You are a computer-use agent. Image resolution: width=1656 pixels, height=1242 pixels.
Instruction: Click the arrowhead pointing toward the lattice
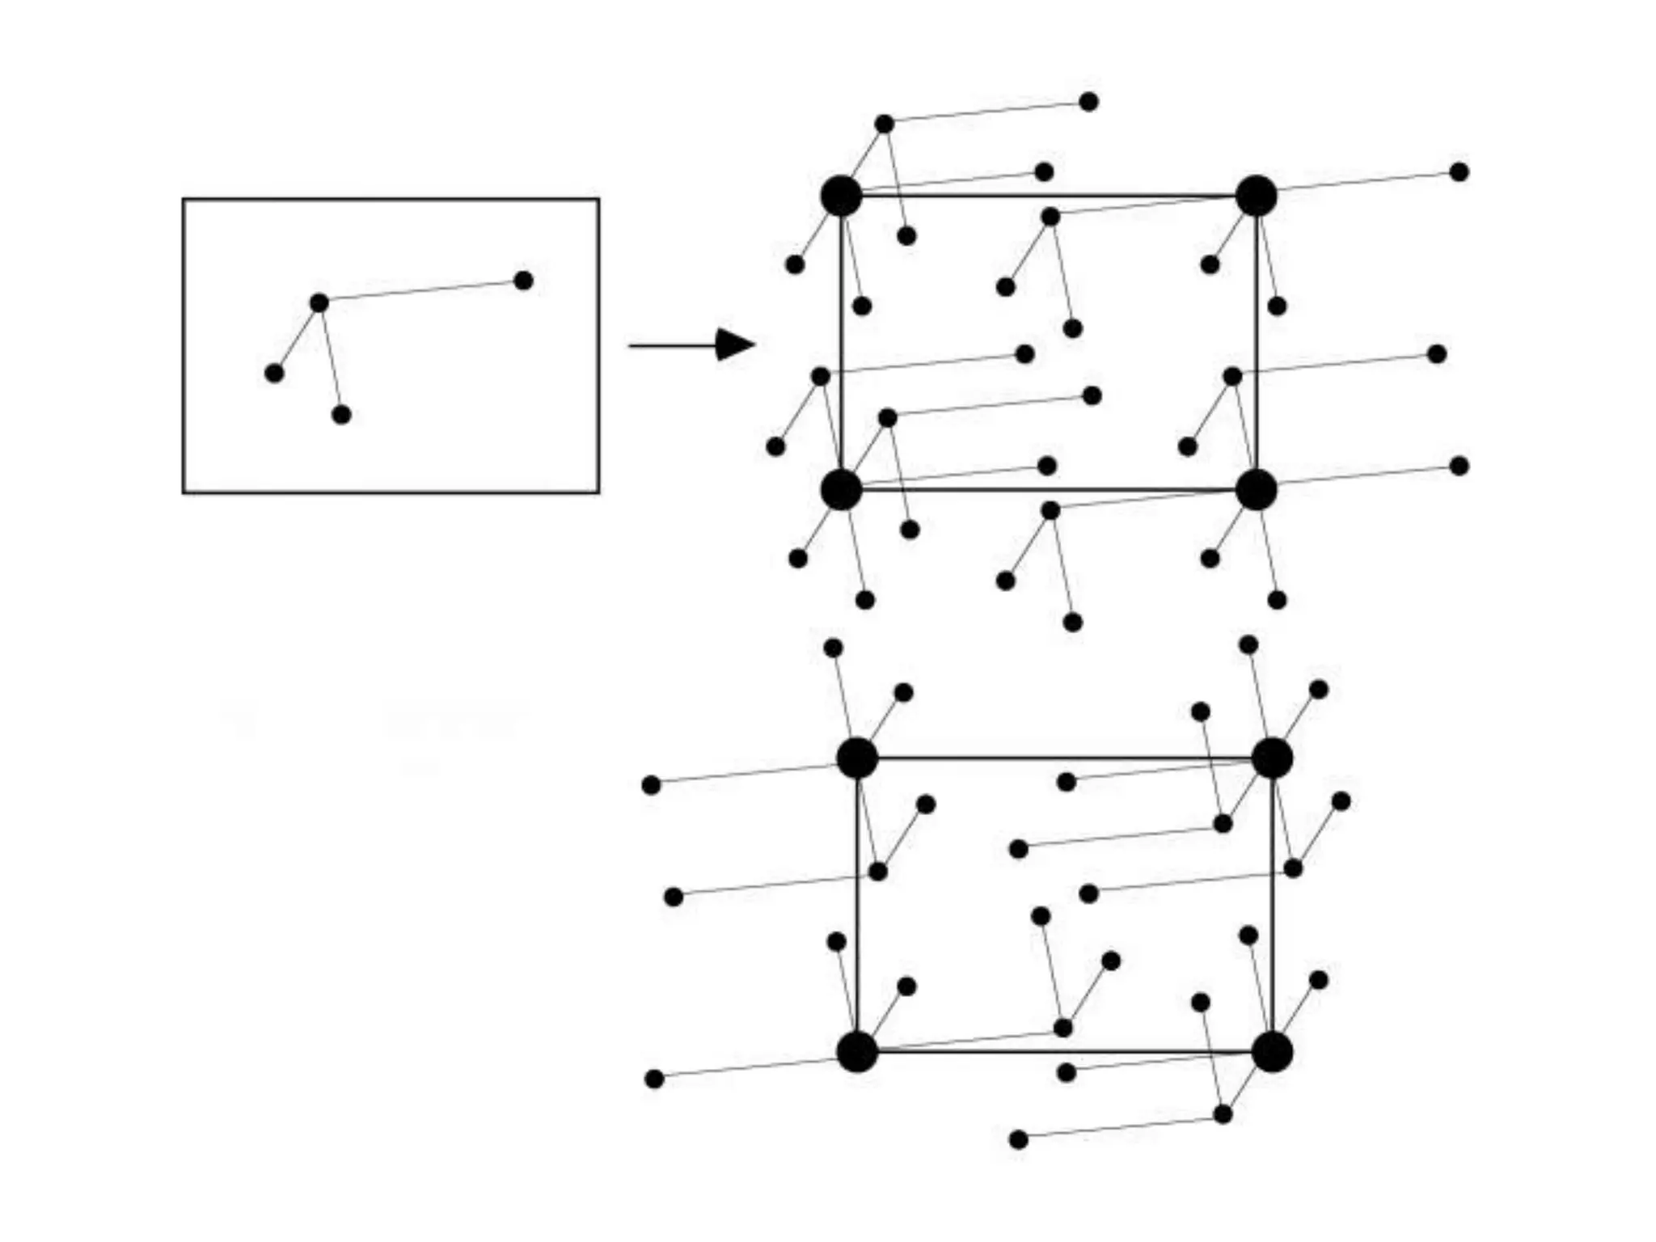734,345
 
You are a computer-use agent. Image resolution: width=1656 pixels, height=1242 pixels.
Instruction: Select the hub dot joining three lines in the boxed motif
319,303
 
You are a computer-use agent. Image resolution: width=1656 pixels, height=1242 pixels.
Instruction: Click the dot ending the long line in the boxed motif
523,281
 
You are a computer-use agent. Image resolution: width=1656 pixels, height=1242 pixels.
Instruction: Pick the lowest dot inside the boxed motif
341,415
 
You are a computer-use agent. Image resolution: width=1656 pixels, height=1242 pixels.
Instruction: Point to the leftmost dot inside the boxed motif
274,373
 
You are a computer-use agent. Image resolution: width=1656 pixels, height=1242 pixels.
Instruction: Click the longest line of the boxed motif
420,292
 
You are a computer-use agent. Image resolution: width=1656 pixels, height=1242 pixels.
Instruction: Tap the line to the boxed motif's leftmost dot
297,338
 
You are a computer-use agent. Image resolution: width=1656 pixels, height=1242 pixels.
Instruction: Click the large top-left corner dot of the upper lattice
841,196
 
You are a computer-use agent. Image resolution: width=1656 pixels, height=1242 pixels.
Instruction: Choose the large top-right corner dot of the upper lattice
1256,196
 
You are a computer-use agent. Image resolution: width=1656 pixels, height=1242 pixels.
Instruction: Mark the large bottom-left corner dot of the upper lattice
841,490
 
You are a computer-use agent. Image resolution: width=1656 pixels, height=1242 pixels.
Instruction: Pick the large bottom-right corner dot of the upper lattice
1256,490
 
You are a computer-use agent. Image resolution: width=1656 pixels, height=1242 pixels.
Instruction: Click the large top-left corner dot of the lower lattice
857,758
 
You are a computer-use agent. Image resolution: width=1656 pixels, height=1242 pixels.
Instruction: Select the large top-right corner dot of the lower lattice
1272,758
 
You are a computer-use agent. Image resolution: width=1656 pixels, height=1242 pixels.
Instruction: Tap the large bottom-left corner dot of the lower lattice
857,1052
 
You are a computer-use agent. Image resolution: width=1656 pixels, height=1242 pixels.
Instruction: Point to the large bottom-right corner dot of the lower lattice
1272,1052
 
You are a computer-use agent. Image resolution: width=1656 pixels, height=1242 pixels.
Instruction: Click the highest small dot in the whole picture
1088,102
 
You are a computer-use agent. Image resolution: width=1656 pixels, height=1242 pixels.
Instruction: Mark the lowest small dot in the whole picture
1019,1139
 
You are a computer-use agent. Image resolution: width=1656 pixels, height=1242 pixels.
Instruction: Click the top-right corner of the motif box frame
598,200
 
